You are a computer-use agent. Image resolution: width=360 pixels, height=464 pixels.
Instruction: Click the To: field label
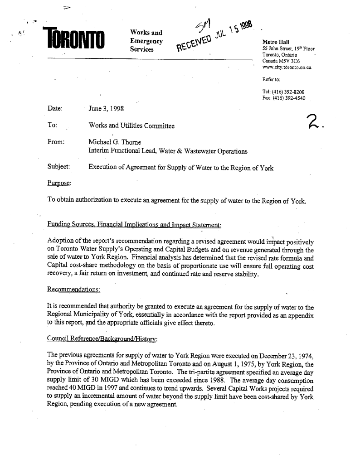coord(51,125)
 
